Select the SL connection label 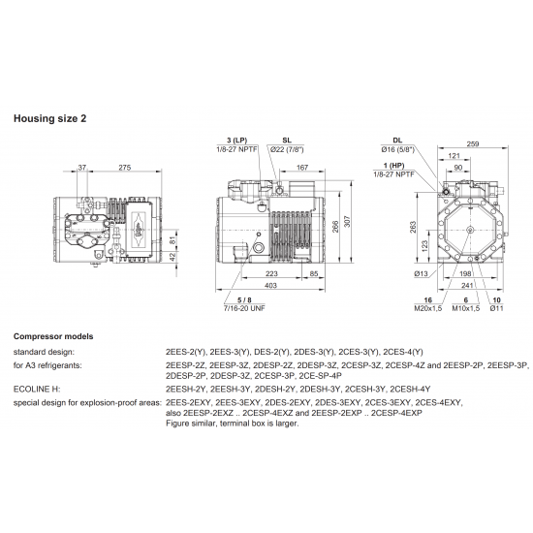coord(273,140)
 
